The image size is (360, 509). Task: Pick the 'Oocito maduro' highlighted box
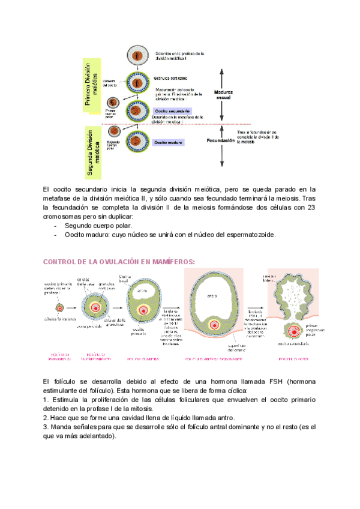tap(168, 142)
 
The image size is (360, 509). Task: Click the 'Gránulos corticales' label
tap(170, 78)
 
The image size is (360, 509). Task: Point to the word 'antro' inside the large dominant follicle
tap(212, 295)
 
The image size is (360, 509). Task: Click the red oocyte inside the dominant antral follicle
tap(212, 325)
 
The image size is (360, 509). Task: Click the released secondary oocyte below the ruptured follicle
tap(293, 331)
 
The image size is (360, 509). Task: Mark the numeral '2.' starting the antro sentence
tap(47, 418)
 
